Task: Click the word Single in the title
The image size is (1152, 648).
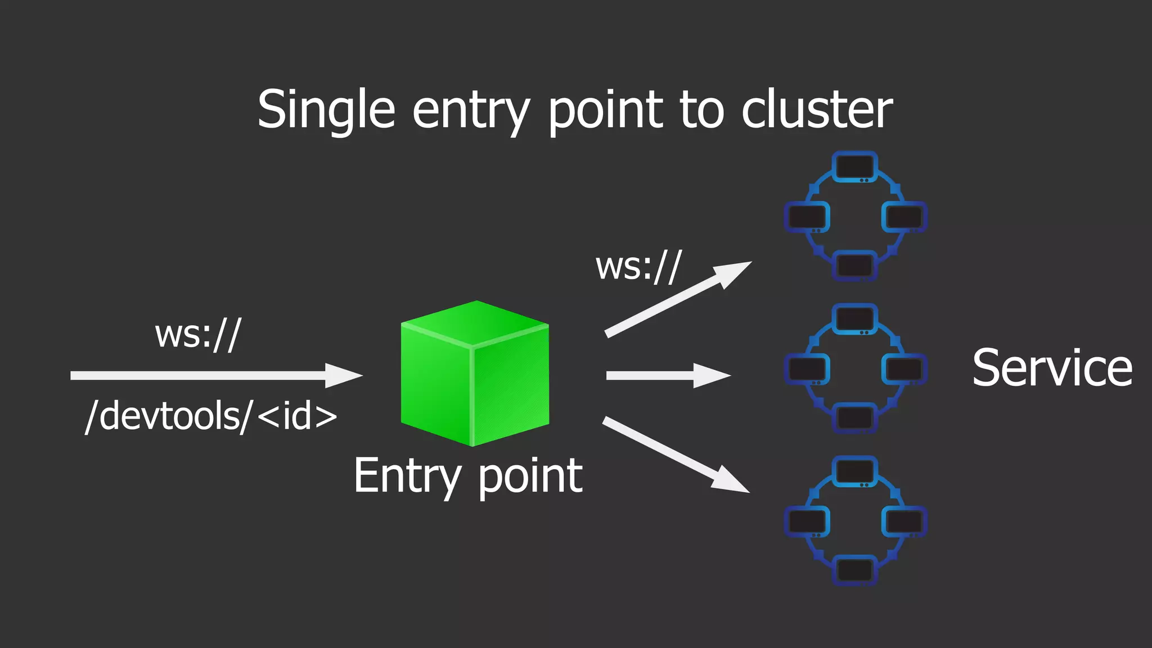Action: tap(326, 110)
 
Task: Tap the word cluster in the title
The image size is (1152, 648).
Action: tap(816, 110)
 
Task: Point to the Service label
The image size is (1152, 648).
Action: tap(1052, 368)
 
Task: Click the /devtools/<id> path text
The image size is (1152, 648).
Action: tap(211, 417)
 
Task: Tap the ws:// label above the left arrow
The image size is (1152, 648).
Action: tap(198, 335)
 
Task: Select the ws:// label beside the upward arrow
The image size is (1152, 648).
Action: tap(638, 267)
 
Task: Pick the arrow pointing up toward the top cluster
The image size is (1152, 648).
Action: tap(678, 299)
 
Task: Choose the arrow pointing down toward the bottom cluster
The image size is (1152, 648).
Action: tap(675, 454)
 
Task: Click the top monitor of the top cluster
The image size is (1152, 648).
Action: tap(854, 166)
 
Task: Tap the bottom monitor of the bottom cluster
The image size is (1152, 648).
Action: tap(854, 570)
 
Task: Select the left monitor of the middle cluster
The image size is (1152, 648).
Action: tap(807, 369)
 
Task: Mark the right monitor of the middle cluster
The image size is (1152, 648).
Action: tap(903, 369)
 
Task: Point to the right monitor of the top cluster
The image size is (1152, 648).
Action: tap(903, 217)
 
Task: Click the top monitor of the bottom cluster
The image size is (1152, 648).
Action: tap(854, 471)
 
